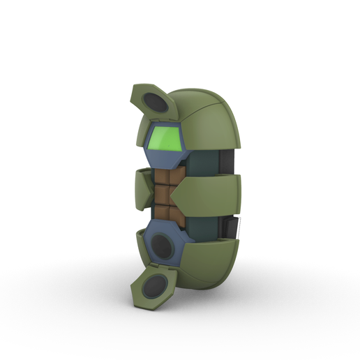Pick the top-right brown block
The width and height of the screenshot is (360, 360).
point(177,174)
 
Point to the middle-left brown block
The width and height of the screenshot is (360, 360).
point(163,193)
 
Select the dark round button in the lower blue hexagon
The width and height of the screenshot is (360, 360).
point(163,245)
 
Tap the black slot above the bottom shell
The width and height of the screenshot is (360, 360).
point(230,227)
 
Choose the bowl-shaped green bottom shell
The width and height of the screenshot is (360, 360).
point(209,262)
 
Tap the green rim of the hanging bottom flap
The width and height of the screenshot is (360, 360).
point(140,300)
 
